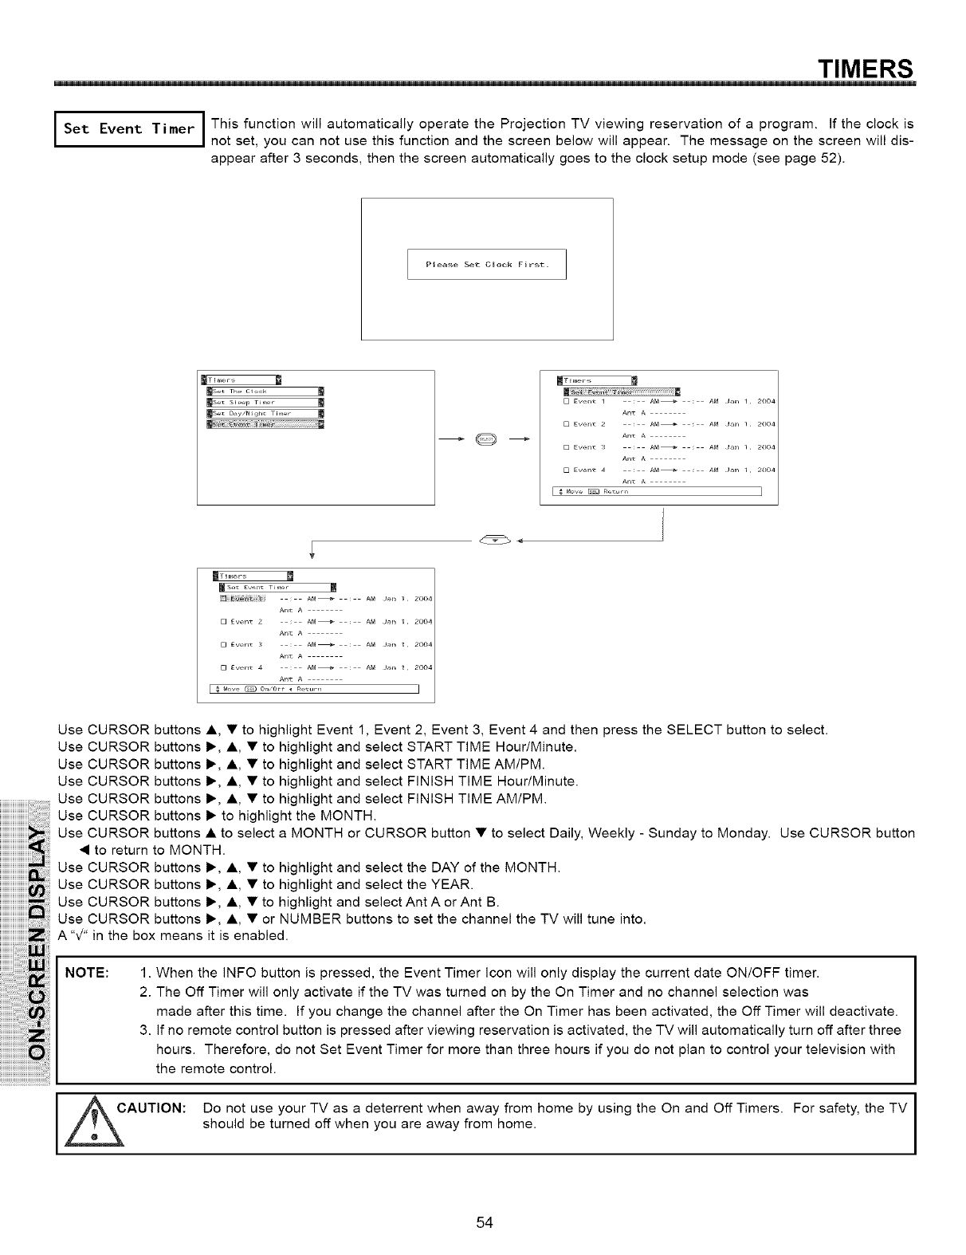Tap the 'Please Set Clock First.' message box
tap(486, 265)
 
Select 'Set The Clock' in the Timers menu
tap(264, 391)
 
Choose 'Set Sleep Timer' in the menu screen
tap(264, 402)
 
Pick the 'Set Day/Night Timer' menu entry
tap(264, 413)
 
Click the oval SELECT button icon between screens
tap(486, 437)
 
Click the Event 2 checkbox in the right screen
tap(565, 424)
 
